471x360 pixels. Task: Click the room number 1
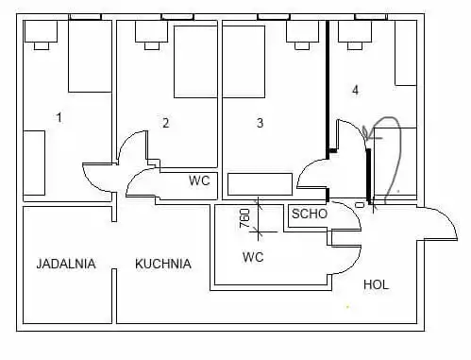tap(59, 117)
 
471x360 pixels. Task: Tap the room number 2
tap(166, 123)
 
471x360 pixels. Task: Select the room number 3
tap(260, 123)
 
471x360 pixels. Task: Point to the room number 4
tap(355, 90)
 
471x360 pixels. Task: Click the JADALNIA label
tap(66, 264)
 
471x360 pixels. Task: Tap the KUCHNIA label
tap(163, 264)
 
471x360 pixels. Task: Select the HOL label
tap(376, 284)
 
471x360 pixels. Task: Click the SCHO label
tap(310, 214)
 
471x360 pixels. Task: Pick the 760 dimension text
tap(245, 218)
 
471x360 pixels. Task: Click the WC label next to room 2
tap(199, 180)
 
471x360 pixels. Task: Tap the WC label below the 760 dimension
tap(253, 257)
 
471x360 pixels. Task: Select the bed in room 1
tap(91, 57)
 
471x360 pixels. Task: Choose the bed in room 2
tap(195, 61)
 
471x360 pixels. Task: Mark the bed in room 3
tap(244, 61)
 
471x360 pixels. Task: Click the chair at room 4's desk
tap(355, 46)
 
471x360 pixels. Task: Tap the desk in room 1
tap(41, 31)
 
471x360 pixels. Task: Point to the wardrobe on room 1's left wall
tap(34, 163)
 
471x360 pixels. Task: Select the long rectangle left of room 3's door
tap(260, 184)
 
